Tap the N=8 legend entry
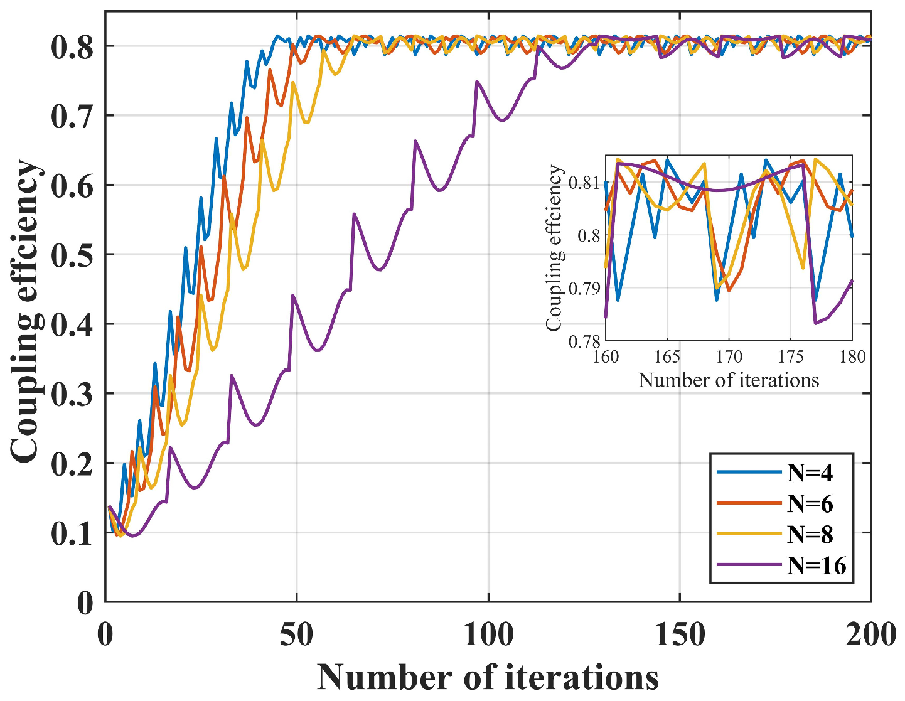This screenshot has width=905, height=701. click(810, 534)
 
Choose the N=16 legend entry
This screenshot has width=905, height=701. click(817, 565)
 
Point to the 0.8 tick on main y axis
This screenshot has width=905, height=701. click(72, 47)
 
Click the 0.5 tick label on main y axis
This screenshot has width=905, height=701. click(72, 255)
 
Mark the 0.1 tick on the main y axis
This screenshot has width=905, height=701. click(72, 533)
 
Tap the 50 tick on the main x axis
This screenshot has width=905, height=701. click(296, 635)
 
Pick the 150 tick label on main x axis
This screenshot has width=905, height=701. click(680, 635)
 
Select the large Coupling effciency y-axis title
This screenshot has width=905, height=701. click(26, 312)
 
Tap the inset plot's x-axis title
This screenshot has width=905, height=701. click(729, 380)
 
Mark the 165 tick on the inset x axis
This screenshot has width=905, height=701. click(667, 357)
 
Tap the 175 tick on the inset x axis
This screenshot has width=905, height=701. click(790, 357)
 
